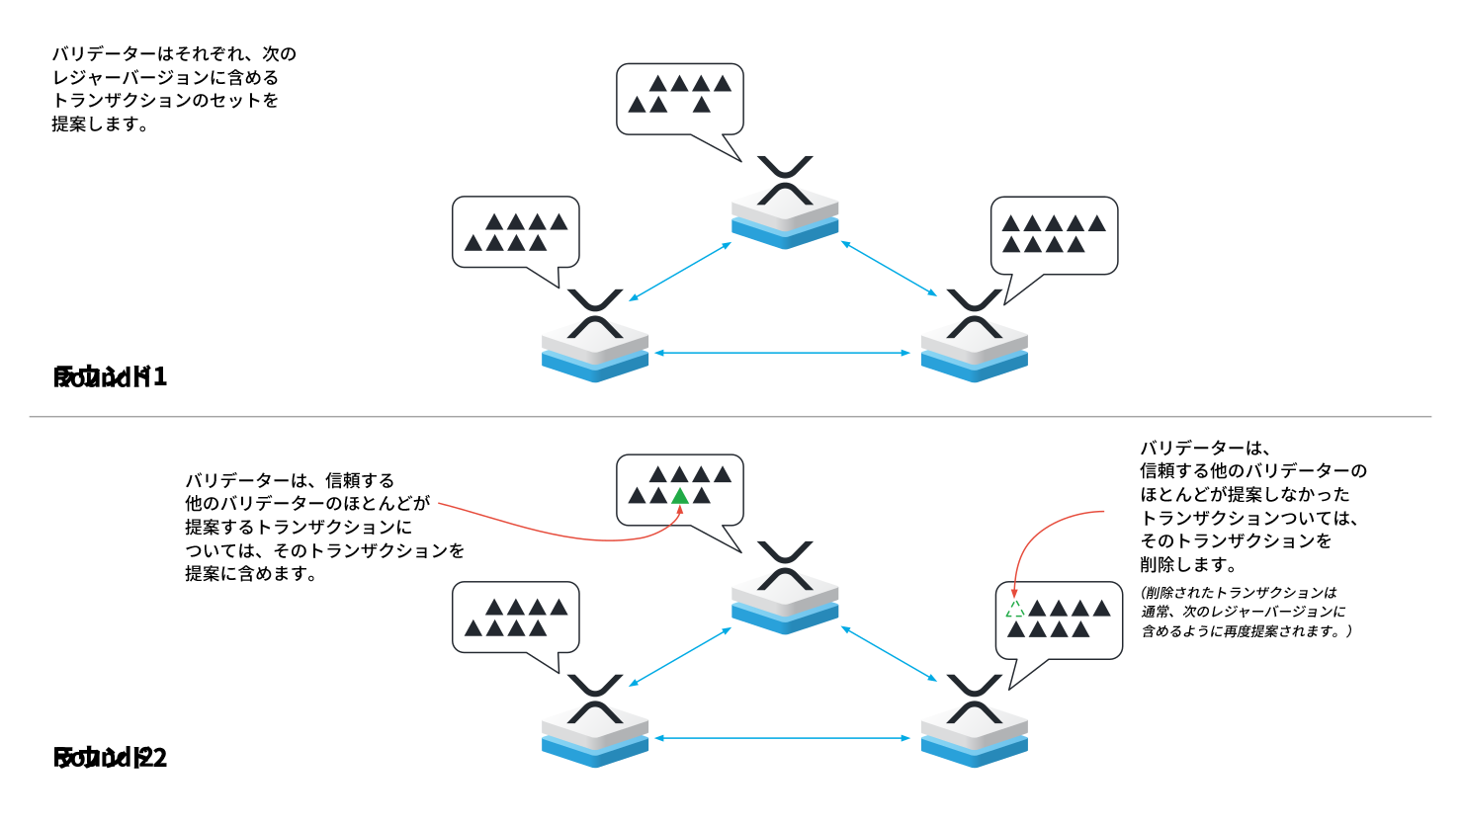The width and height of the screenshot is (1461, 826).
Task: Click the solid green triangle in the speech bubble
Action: (680, 496)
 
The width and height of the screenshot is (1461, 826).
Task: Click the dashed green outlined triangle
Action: (1015, 609)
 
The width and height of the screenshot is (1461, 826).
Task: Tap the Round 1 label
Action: (110, 376)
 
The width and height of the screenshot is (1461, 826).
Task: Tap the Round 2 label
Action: (110, 758)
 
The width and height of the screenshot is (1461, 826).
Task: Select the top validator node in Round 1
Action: (785, 204)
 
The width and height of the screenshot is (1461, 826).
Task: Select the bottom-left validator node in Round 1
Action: (595, 337)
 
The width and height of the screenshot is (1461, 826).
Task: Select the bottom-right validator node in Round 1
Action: (975, 337)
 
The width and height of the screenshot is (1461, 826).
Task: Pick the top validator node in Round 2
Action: (785, 589)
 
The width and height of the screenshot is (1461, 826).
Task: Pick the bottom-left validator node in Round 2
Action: (595, 722)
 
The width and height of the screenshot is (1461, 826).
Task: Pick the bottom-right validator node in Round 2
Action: (975, 722)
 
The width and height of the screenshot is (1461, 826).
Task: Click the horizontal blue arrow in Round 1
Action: (782, 353)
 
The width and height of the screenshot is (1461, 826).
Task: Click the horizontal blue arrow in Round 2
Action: (782, 738)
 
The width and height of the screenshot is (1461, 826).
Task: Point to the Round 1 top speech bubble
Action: (679, 99)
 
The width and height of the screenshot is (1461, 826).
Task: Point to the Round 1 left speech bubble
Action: (515, 231)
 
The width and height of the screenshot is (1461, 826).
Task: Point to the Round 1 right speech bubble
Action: (1054, 234)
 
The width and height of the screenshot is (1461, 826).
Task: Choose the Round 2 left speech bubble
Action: (515, 617)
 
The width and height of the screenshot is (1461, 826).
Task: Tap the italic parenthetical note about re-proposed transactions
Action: (1246, 612)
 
